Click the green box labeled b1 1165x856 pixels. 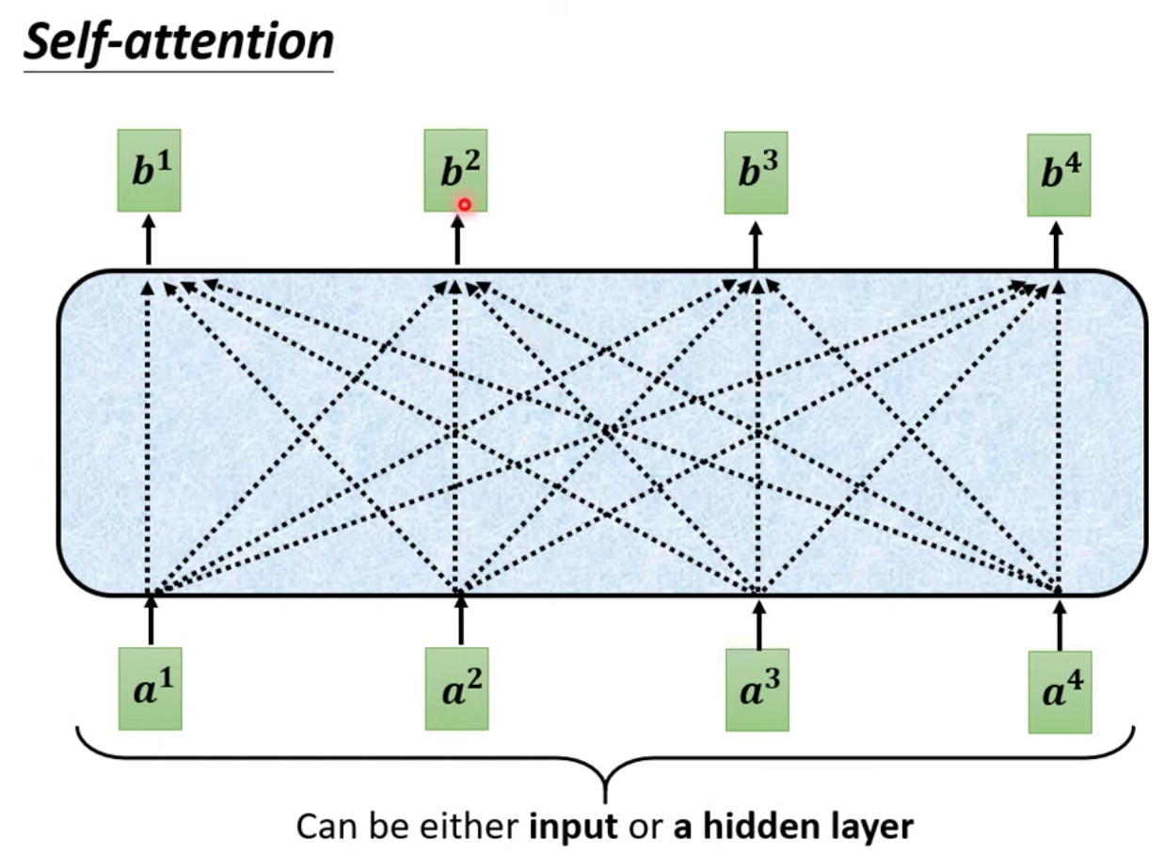(150, 170)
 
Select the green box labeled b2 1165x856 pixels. (455, 170)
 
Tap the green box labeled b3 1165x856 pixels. (757, 172)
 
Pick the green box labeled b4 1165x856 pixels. (1059, 175)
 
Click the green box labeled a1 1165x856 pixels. (151, 689)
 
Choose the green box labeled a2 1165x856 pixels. (456, 689)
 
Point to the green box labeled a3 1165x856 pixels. (758, 690)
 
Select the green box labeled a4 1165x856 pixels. (1060, 692)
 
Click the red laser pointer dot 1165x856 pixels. (465, 205)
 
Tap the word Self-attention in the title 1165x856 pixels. (179, 41)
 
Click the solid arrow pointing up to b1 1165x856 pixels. (149, 240)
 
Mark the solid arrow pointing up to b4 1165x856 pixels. (1056, 246)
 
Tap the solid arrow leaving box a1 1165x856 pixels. (151, 621)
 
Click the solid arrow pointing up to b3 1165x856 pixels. (756, 246)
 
